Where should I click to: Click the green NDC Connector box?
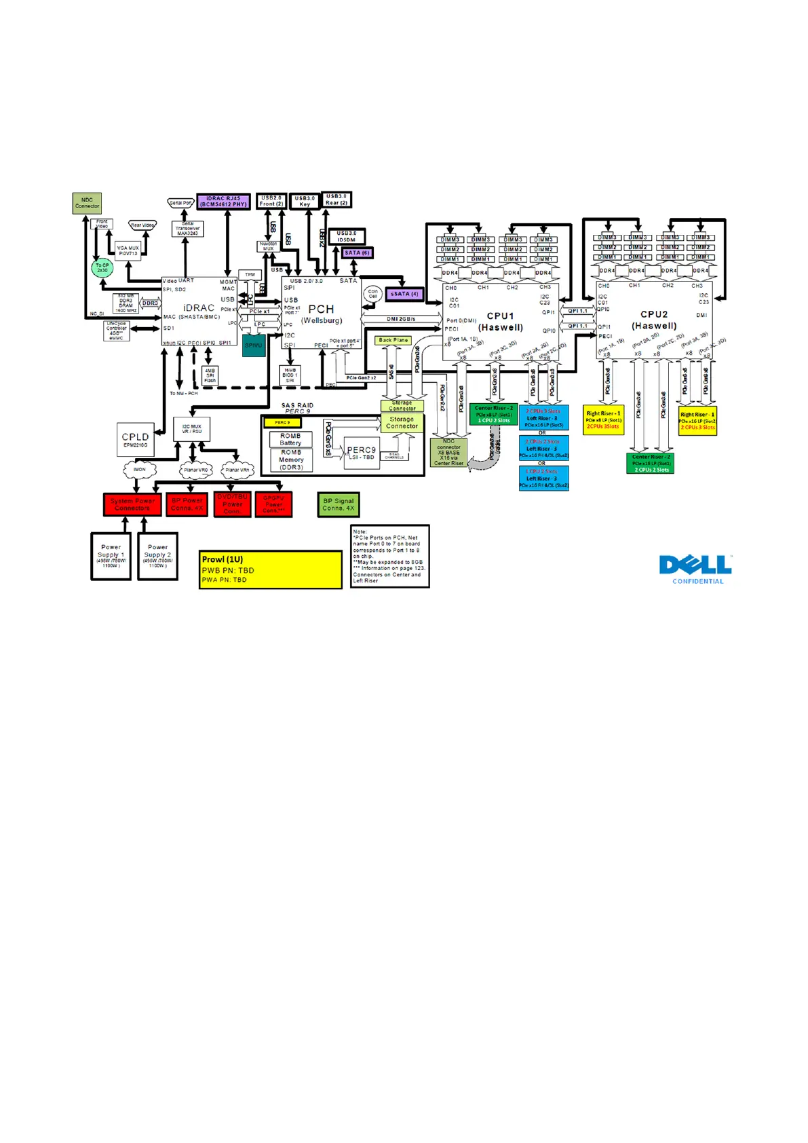tap(87, 203)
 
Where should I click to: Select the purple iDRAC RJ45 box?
tap(223, 202)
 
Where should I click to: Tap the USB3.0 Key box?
tap(305, 202)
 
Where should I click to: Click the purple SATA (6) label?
tap(357, 253)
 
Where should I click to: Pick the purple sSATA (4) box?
tap(404, 294)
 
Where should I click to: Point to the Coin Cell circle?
tap(372, 294)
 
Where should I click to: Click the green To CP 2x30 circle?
tap(102, 268)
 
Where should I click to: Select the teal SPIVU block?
tap(254, 345)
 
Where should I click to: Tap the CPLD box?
tap(135, 439)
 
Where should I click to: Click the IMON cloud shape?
tap(139, 469)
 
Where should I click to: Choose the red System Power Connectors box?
tap(132, 504)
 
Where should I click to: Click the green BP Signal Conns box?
tap(338, 504)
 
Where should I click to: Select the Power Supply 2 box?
tap(157, 556)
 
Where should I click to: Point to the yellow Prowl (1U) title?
tap(223, 559)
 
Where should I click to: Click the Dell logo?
tap(695, 565)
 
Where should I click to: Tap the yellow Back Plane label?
tap(393, 340)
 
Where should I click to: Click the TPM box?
tap(250, 275)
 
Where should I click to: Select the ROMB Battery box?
tap(290, 440)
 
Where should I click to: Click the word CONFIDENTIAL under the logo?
tap(697, 582)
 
